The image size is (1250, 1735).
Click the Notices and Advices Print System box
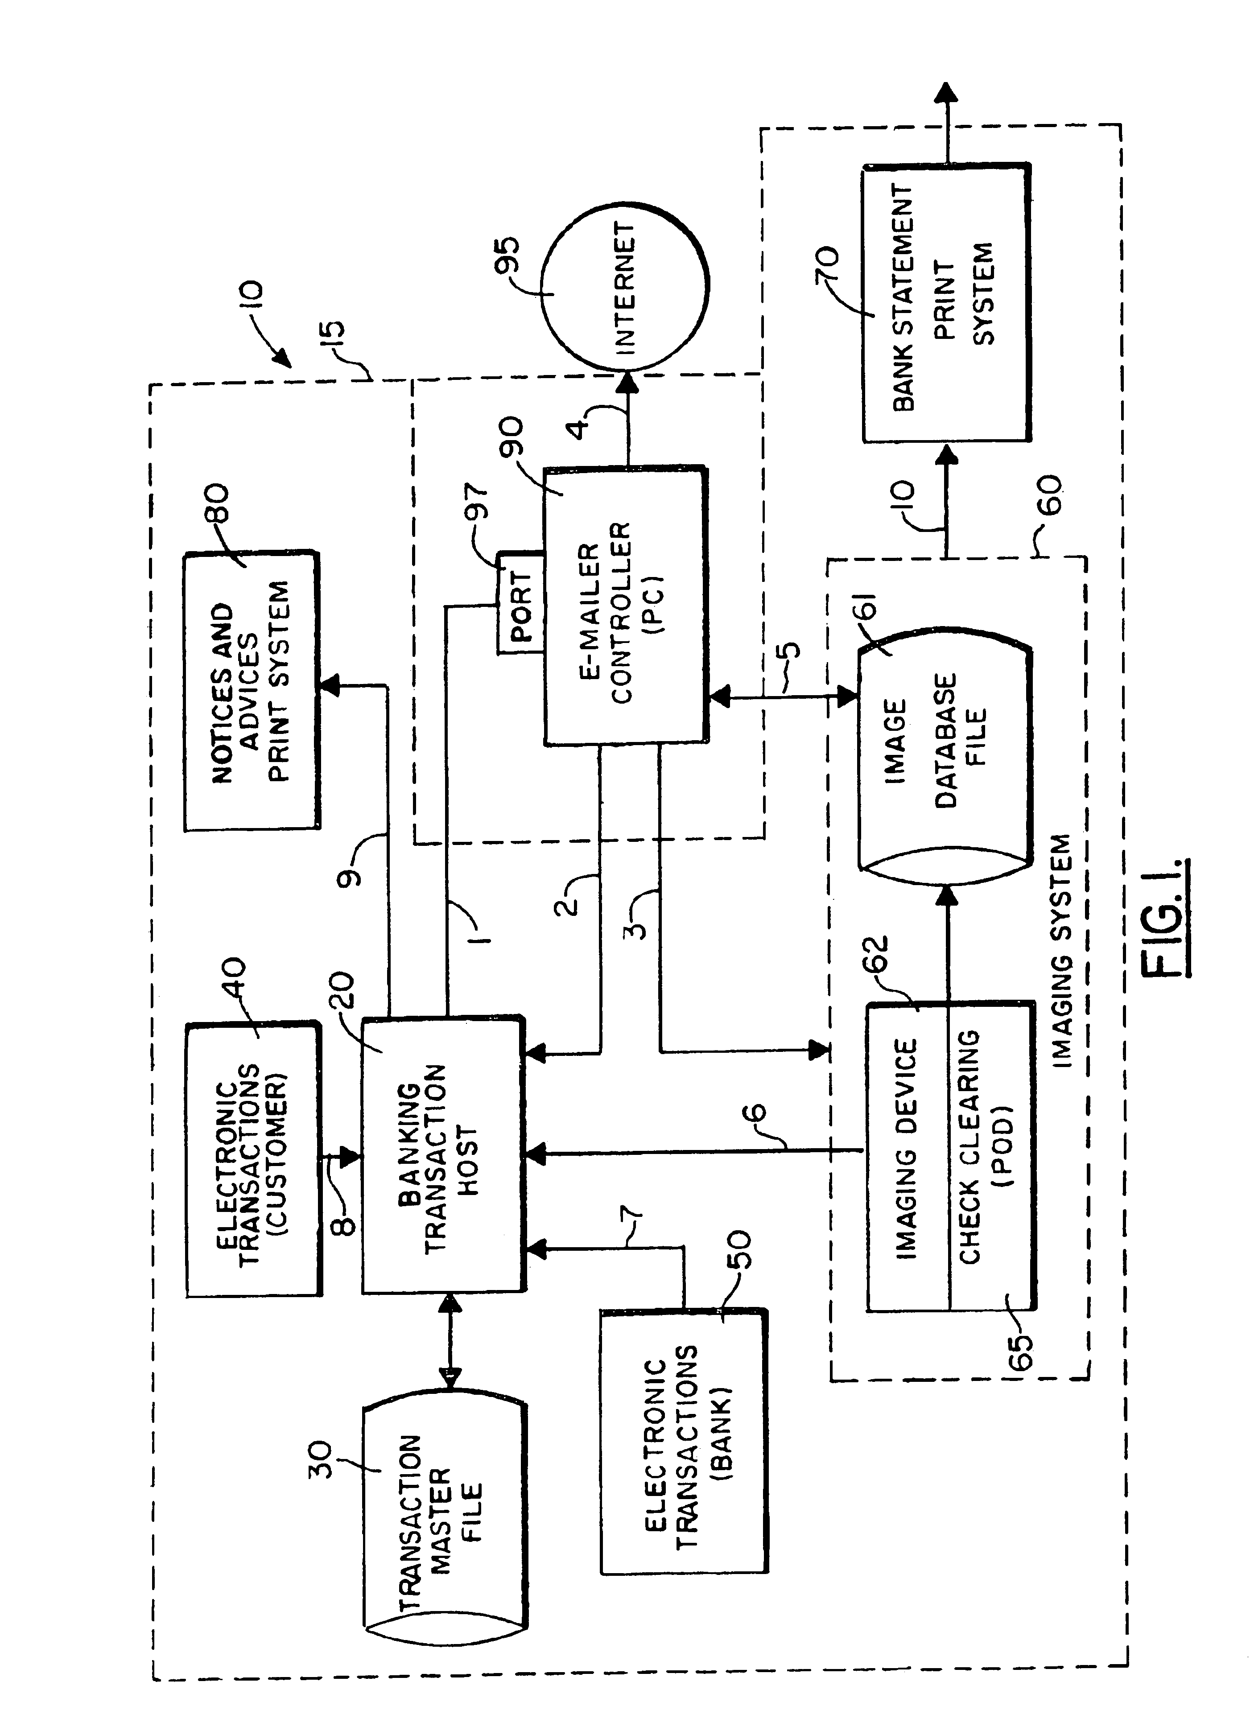tap(251, 691)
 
